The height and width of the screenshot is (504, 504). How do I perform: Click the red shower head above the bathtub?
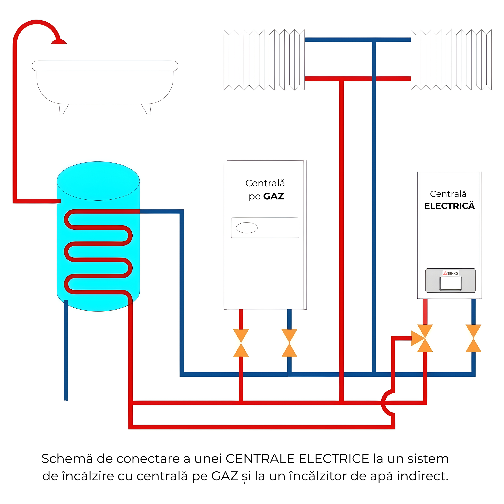59,42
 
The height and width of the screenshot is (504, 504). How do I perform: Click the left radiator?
264,60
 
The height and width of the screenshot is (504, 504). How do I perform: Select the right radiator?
451,60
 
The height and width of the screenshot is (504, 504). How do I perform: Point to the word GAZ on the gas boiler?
274,196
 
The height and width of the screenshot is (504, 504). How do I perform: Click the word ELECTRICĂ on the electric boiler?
449,206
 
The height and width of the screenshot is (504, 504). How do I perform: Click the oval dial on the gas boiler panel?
246,228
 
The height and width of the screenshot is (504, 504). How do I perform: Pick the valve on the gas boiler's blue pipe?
289,343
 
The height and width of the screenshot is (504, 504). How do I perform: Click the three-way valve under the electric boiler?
424,338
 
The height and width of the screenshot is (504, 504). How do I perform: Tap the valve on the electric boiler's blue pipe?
474,338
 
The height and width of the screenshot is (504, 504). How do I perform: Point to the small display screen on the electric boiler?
450,283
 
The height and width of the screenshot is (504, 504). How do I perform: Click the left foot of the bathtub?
63,109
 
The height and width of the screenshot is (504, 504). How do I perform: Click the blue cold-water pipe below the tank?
66,352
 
